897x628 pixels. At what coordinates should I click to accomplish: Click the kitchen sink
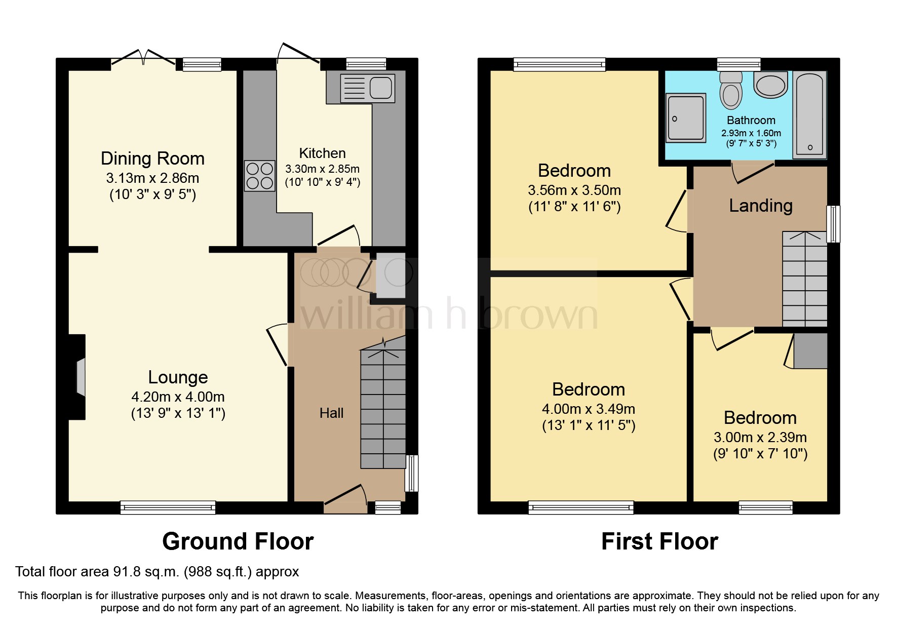[367, 88]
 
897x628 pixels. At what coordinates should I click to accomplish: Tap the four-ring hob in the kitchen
[259, 176]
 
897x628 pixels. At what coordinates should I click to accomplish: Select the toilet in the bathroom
[731, 90]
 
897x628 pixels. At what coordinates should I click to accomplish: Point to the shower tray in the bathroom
[686, 117]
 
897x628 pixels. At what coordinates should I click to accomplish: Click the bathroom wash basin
[770, 84]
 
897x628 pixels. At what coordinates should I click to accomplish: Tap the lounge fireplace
[77, 377]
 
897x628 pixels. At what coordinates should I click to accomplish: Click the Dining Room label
[152, 159]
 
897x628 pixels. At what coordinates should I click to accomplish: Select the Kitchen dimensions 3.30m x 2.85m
[322, 169]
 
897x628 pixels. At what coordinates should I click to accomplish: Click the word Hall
[331, 413]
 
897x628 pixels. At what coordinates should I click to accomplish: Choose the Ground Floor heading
[238, 541]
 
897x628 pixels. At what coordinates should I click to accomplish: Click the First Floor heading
[659, 541]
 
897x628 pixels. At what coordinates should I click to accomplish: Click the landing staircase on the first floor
[805, 279]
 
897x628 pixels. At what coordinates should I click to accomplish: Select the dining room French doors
[144, 58]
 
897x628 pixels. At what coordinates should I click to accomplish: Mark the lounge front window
[168, 507]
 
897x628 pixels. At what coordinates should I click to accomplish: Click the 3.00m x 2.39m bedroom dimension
[760, 438]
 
